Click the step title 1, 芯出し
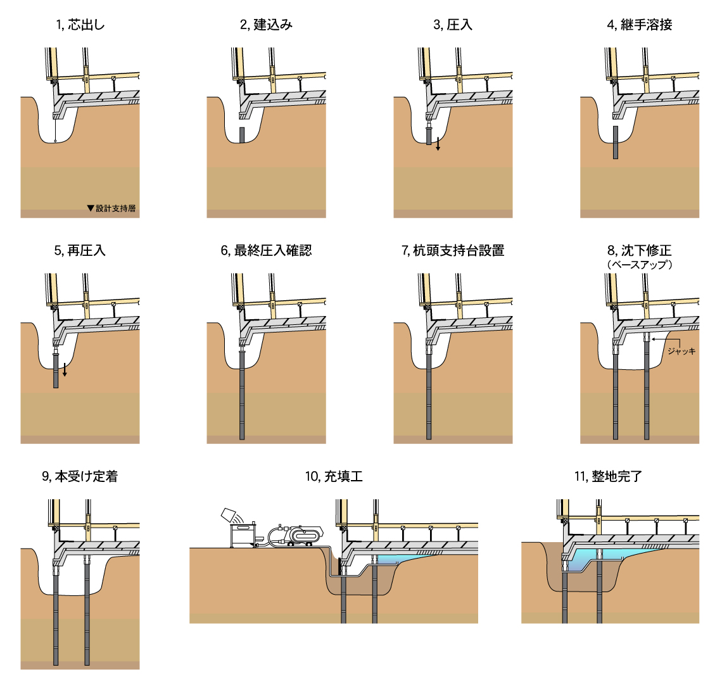click(80, 25)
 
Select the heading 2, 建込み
click(266, 25)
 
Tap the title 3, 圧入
click(453, 25)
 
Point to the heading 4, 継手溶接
click(639, 25)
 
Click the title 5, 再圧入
click(80, 250)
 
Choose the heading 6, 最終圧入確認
click(266, 250)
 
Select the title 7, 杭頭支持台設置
click(453, 250)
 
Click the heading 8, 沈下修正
click(639, 250)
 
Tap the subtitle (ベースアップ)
click(639, 265)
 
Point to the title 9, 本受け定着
click(80, 476)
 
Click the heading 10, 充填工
click(334, 476)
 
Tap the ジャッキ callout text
click(681, 350)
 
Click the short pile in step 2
click(241, 135)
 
